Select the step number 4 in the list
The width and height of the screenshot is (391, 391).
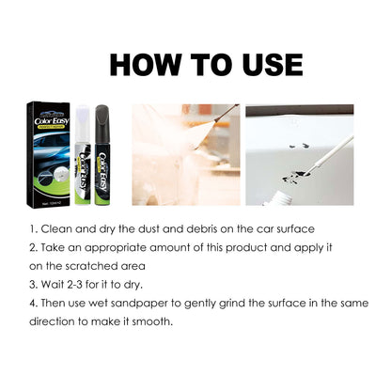click(33, 304)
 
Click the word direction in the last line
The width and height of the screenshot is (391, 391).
click(57, 321)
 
